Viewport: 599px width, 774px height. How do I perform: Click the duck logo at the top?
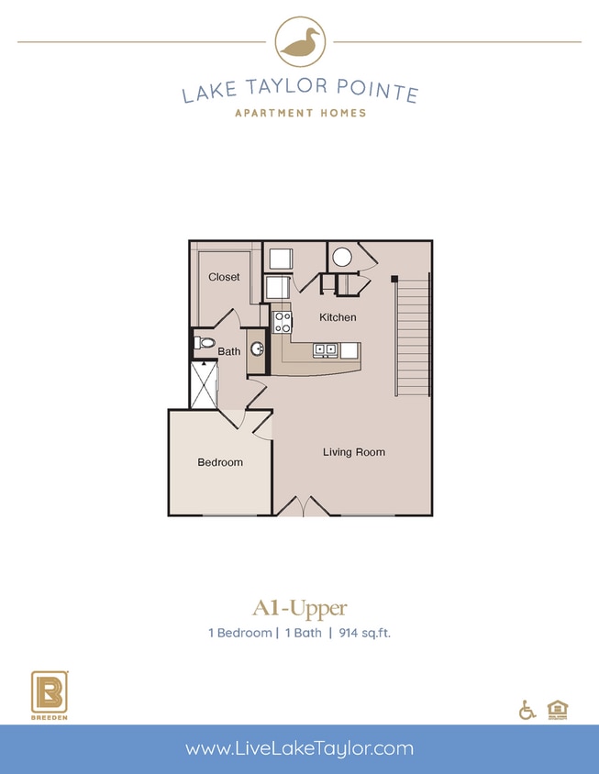[299, 42]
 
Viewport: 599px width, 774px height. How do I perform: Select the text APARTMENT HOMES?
[300, 113]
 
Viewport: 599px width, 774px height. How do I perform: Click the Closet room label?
[224, 277]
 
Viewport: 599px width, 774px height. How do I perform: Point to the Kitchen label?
[338, 317]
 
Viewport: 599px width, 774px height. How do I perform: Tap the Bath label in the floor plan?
[229, 351]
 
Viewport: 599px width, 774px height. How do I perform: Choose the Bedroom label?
[220, 462]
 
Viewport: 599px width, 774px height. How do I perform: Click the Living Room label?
[354, 452]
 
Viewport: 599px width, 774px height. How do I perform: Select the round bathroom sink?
[258, 348]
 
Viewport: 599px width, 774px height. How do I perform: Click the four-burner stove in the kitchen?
[282, 322]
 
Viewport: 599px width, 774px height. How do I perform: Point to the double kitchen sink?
[325, 349]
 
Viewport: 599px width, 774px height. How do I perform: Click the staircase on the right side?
[413, 337]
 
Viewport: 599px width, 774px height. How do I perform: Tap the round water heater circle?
[343, 257]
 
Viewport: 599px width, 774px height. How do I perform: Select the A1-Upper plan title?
[299, 607]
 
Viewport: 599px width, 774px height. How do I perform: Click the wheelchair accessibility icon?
[527, 709]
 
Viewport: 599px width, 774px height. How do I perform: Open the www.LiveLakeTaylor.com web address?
[299, 748]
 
